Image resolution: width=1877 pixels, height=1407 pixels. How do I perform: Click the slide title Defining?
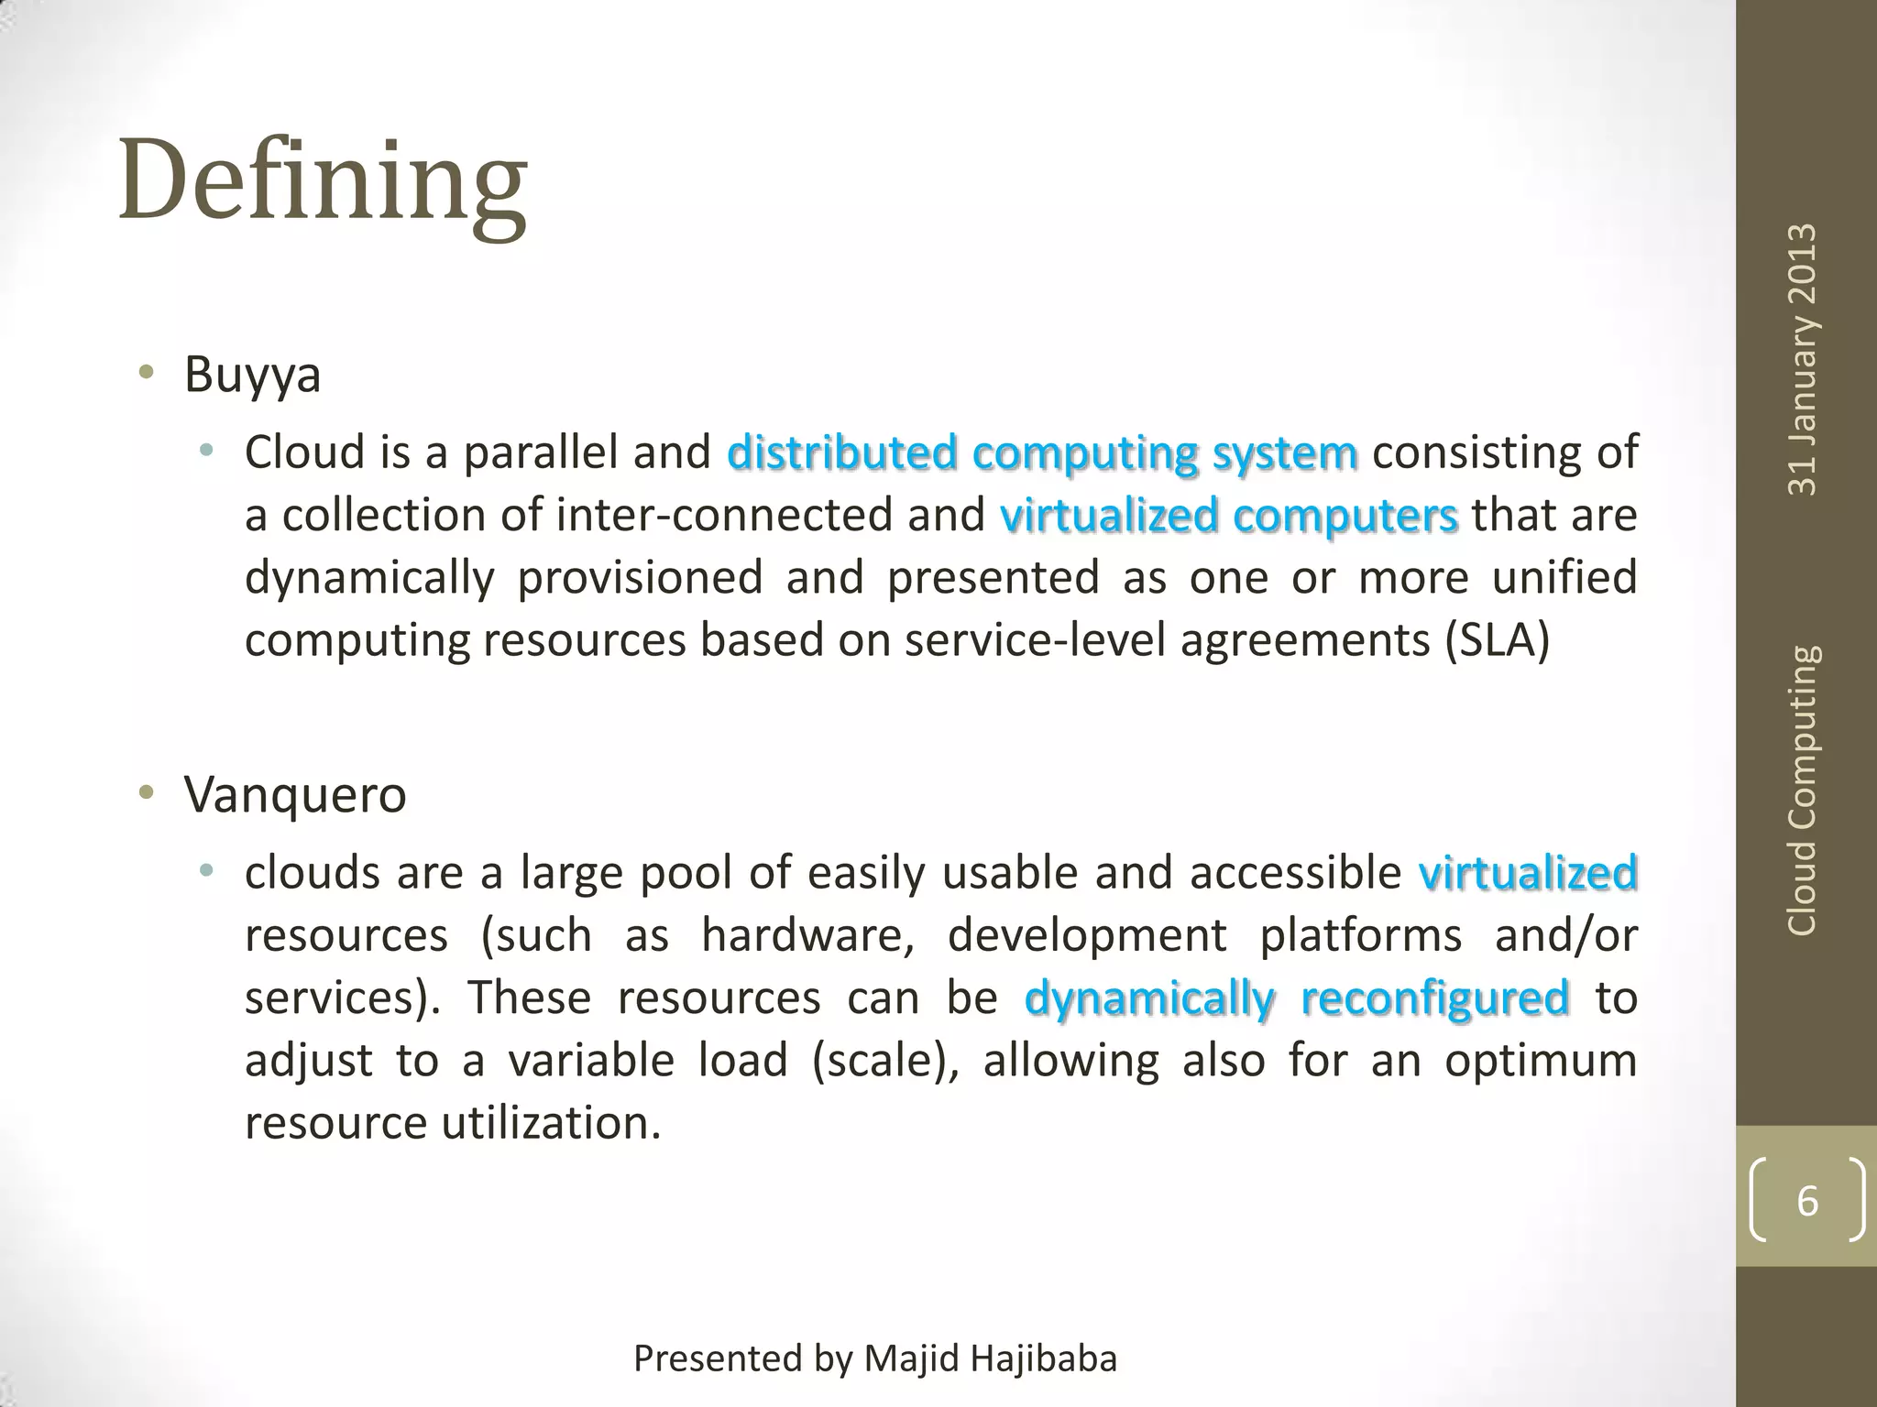pos(323,180)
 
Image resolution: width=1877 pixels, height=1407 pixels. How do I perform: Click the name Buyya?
pos(252,375)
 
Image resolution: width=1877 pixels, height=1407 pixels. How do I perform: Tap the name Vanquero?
pos(294,794)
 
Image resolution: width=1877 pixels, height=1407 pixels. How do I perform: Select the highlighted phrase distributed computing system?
pos(1042,453)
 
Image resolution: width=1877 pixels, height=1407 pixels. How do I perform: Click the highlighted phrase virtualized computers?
pos(1228,516)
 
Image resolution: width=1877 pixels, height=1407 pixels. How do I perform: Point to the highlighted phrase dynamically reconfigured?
pos(1296,998)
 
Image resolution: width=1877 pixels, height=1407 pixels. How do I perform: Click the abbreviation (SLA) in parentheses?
pos(1498,640)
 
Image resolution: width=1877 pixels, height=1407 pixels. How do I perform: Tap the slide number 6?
pos(1806,1201)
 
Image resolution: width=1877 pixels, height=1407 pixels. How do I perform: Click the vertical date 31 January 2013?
pos(1803,359)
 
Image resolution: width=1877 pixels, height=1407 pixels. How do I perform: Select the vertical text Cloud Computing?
pos(1803,791)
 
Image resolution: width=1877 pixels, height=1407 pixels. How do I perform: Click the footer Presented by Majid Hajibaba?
pos(875,1358)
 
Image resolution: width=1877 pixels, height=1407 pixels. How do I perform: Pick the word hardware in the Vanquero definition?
pos(807,936)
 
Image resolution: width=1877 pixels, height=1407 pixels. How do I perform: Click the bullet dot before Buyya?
pos(146,373)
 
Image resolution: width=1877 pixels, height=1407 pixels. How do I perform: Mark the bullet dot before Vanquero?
pos(146,792)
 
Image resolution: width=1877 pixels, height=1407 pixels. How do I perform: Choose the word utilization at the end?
pos(551,1123)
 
